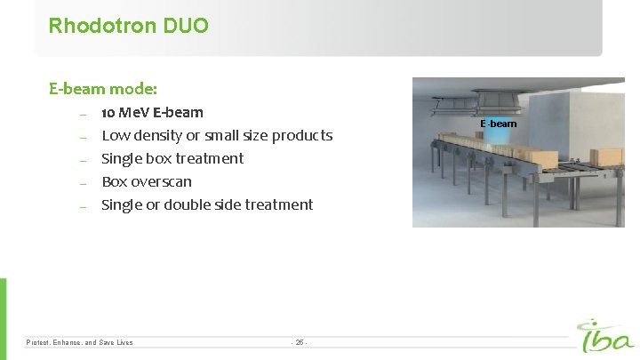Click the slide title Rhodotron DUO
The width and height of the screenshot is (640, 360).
129,26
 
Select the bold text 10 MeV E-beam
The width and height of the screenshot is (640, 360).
152,112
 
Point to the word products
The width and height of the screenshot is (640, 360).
302,135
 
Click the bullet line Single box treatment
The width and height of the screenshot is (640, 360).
172,158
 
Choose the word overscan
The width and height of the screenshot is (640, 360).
162,181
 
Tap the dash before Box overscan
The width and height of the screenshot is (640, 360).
82,182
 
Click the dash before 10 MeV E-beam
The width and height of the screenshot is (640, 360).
82,113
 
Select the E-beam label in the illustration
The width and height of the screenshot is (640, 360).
498,124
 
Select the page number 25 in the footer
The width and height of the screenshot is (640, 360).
299,342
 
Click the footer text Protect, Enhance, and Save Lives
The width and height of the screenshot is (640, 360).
80,342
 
